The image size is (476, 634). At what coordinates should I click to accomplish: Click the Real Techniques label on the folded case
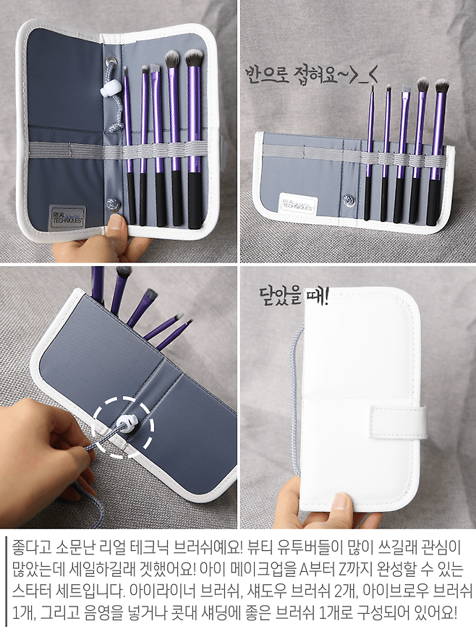298,202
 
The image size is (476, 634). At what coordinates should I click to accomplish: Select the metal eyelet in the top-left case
110,61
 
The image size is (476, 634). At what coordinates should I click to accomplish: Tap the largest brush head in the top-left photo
195,58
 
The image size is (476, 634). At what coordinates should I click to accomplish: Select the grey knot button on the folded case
348,199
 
